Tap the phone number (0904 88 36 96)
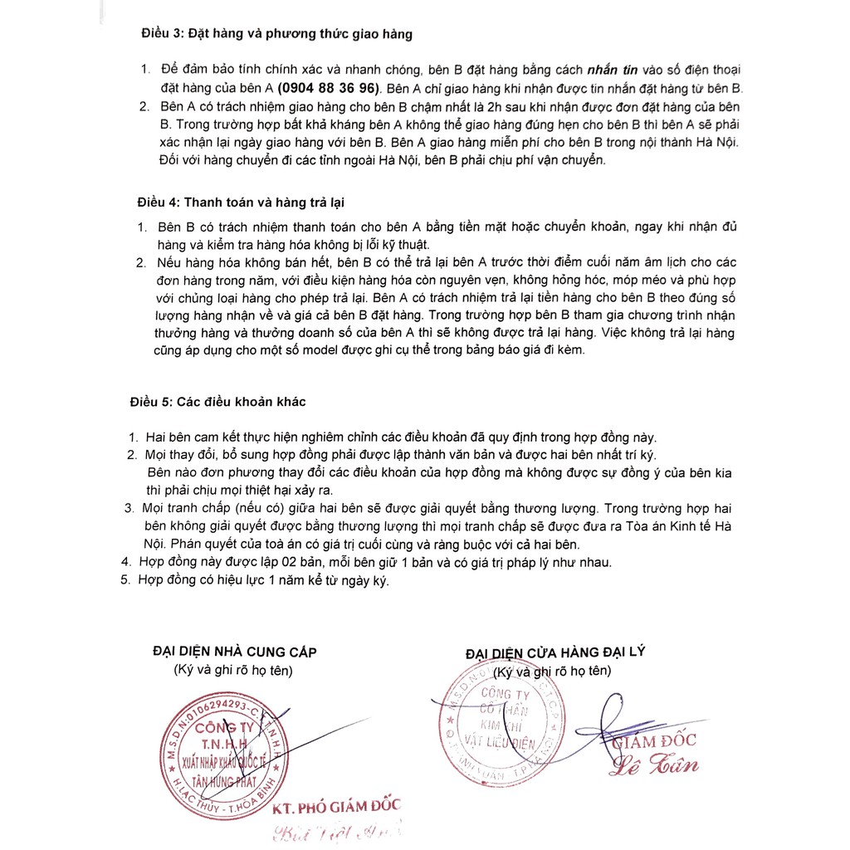(329, 87)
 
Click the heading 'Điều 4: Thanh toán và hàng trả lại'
(241, 202)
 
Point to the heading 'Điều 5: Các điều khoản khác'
(217, 402)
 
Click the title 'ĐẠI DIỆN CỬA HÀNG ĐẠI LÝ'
(555, 652)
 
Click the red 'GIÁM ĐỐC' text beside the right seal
(655, 741)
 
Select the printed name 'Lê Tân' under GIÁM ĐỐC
(654, 765)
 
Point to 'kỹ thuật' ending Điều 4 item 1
(406, 245)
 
